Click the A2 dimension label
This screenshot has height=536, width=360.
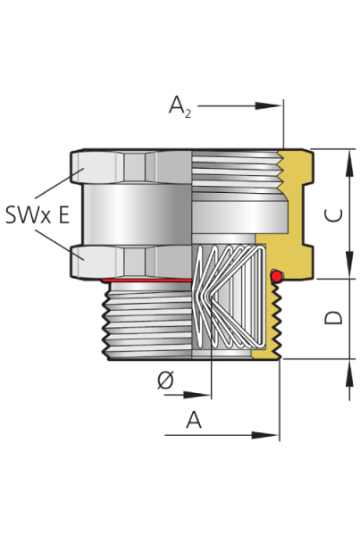180,106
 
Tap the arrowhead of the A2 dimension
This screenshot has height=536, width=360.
269,106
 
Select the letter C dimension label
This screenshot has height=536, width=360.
333,215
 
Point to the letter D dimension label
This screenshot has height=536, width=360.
333,317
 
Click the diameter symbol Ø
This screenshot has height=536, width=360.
165,381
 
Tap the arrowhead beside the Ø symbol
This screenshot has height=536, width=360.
197,395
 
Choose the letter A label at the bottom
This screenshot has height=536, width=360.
194,420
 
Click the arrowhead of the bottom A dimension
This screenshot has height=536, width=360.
265,435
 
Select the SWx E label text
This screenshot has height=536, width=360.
38,215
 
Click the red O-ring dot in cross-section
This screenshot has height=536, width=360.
277,276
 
